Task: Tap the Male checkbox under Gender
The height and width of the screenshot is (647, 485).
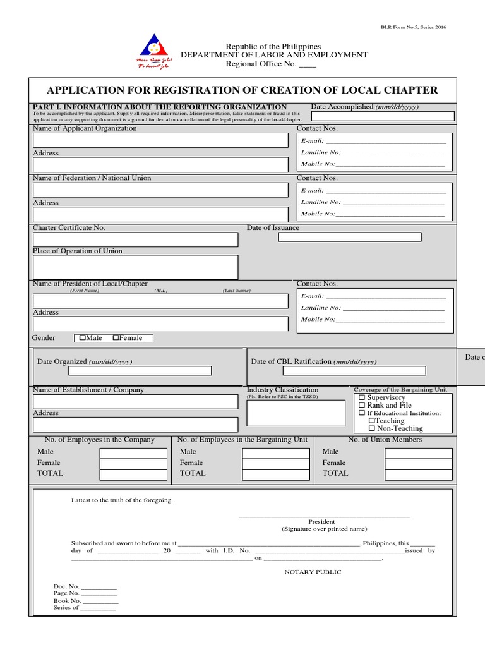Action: [x=83, y=338]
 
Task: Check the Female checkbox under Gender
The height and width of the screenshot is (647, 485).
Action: [x=116, y=338]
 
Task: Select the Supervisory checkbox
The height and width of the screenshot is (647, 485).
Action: [x=362, y=397]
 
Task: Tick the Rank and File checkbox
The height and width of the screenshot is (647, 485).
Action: [x=362, y=405]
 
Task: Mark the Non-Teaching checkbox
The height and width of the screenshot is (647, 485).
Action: [x=372, y=428]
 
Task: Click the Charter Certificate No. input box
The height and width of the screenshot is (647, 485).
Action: [x=135, y=239]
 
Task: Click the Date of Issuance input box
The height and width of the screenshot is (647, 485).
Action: [x=349, y=237]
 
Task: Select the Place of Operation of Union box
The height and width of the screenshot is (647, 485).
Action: [x=135, y=267]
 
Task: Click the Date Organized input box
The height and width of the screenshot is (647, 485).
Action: [x=140, y=371]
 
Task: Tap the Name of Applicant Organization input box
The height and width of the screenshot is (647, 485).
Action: [x=160, y=140]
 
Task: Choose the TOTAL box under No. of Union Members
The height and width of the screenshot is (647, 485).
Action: [x=419, y=474]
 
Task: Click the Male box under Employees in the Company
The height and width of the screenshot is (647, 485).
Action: [x=133, y=453]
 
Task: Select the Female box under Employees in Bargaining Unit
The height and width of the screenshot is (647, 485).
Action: [x=276, y=464]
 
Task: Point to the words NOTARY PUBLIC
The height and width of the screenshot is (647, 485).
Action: [x=313, y=572]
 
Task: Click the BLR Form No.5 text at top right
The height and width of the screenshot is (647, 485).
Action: [x=413, y=27]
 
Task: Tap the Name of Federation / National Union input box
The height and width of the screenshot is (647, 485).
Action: [x=160, y=190]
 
